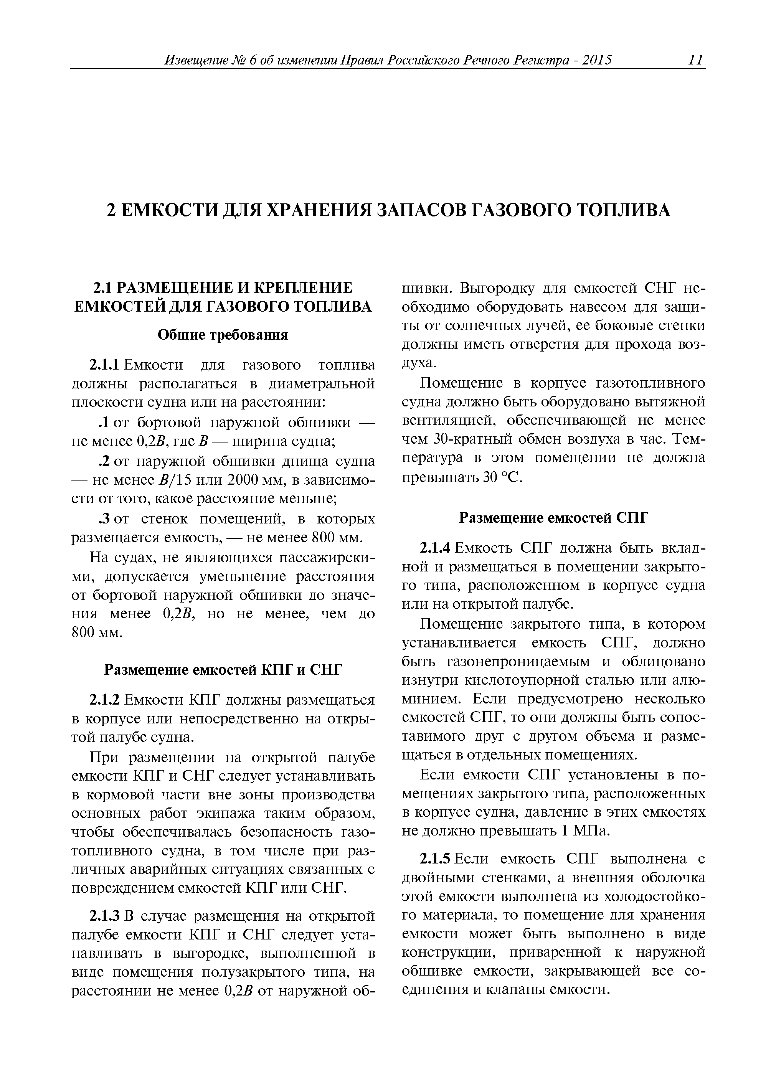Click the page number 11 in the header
695,60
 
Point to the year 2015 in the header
597,60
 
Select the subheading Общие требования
223,335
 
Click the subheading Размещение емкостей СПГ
553,518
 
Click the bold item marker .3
104,519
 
